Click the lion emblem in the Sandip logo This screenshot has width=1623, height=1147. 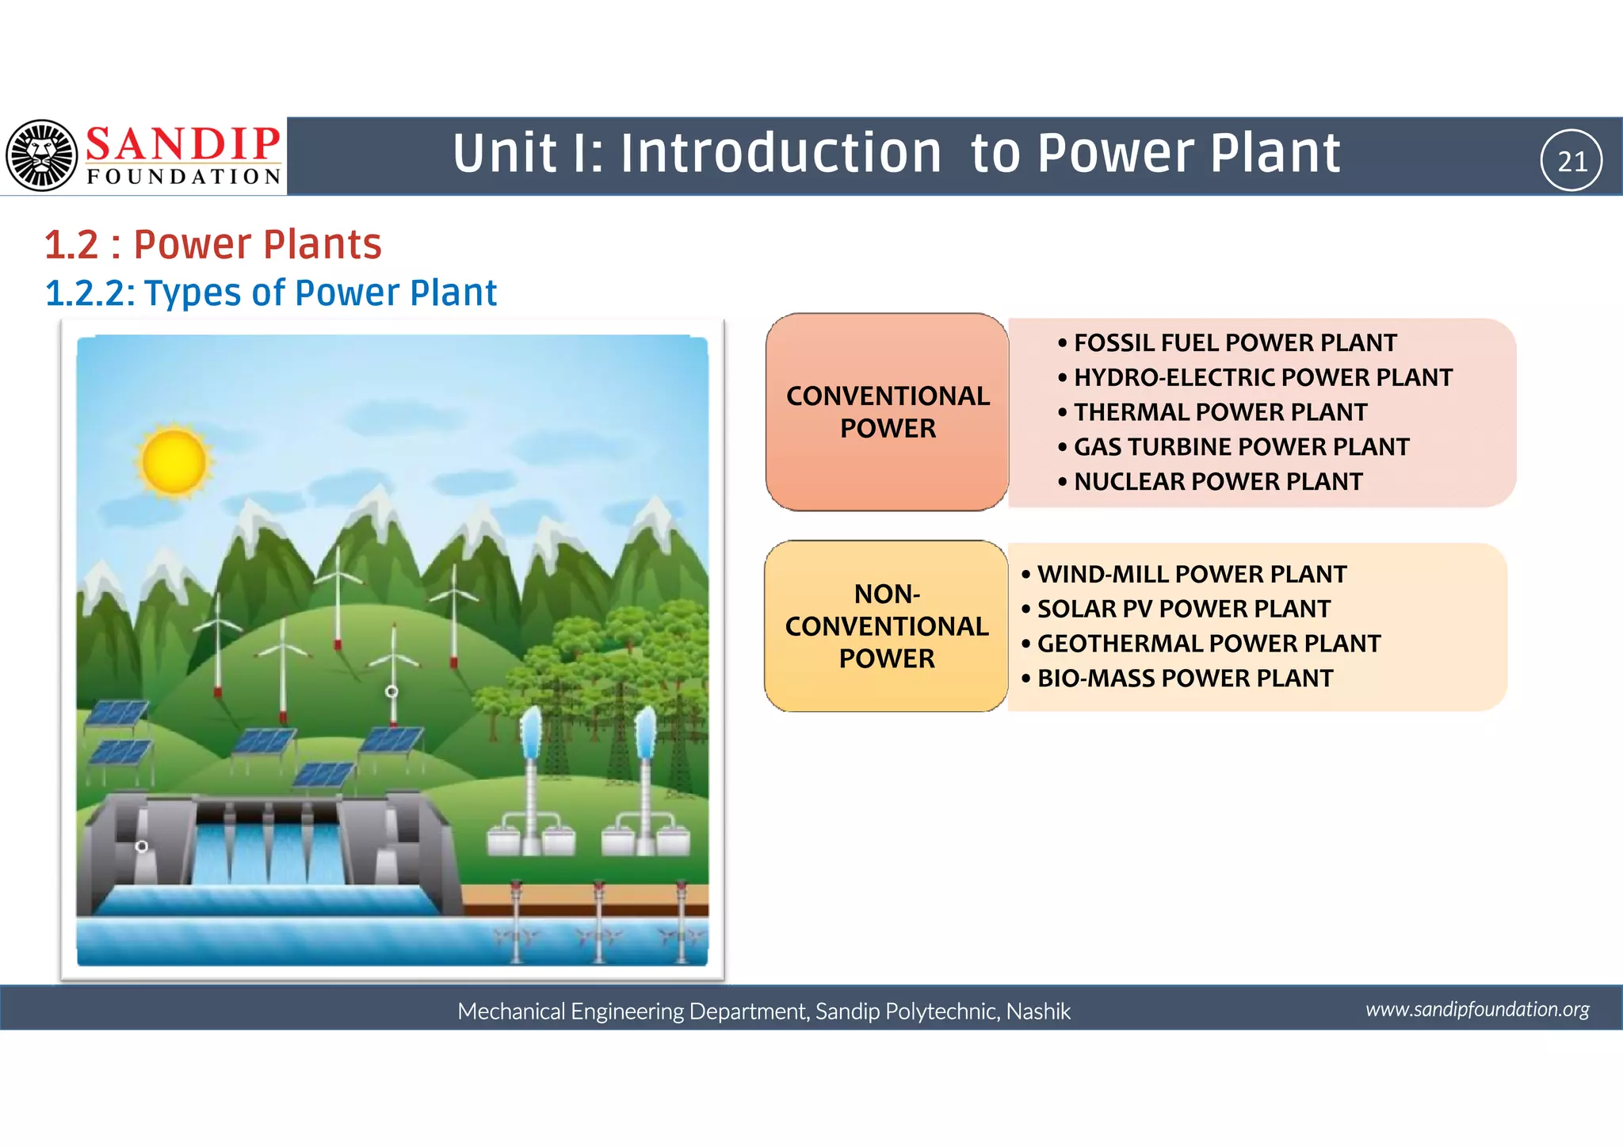point(42,155)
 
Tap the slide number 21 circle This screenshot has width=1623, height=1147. point(1571,161)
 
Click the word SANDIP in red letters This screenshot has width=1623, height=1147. point(183,144)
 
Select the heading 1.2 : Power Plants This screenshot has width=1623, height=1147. point(213,244)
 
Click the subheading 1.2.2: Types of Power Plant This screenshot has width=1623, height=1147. point(271,292)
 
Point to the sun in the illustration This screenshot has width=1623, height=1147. point(174,461)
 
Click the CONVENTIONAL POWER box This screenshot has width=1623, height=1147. point(887,412)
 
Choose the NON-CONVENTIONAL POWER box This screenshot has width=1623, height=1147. point(886,626)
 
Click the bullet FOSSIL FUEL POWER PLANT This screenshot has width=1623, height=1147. point(1234,343)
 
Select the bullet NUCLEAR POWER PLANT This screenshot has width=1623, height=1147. point(1217,481)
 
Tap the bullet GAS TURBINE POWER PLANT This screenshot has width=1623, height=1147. point(1240,447)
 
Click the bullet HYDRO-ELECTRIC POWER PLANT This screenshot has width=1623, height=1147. point(1262,377)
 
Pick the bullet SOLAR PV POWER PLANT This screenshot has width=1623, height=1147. point(1183,609)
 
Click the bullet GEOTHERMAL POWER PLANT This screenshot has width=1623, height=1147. point(1208,644)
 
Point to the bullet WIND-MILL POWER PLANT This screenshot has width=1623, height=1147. point(1191,574)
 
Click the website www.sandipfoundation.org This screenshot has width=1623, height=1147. point(1476,1009)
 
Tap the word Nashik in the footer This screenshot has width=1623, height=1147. point(1038,1011)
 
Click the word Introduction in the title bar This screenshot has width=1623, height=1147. point(780,153)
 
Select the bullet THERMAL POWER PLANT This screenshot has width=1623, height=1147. point(1220,412)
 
